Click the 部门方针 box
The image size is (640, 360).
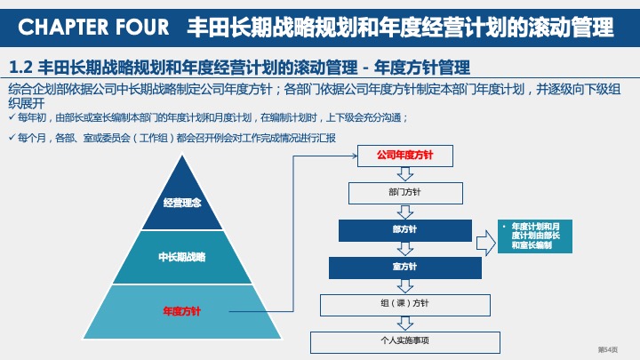[x=404, y=192]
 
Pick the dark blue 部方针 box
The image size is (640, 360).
[x=404, y=230]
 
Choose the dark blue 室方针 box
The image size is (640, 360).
[x=404, y=267]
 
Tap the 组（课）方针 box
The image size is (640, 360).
[x=404, y=304]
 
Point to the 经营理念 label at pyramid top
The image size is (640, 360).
[x=181, y=203]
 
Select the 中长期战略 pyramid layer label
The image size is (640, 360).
[x=181, y=257]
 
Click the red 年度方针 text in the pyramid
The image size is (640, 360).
[x=181, y=311]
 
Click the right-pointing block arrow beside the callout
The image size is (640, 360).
[x=484, y=242]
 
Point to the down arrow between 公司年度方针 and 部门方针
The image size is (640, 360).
[x=405, y=174]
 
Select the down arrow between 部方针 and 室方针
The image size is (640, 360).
[x=405, y=249]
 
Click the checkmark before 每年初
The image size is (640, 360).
[x=11, y=117]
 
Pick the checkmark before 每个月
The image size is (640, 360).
[x=11, y=138]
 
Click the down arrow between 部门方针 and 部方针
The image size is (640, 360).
[x=405, y=212]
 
